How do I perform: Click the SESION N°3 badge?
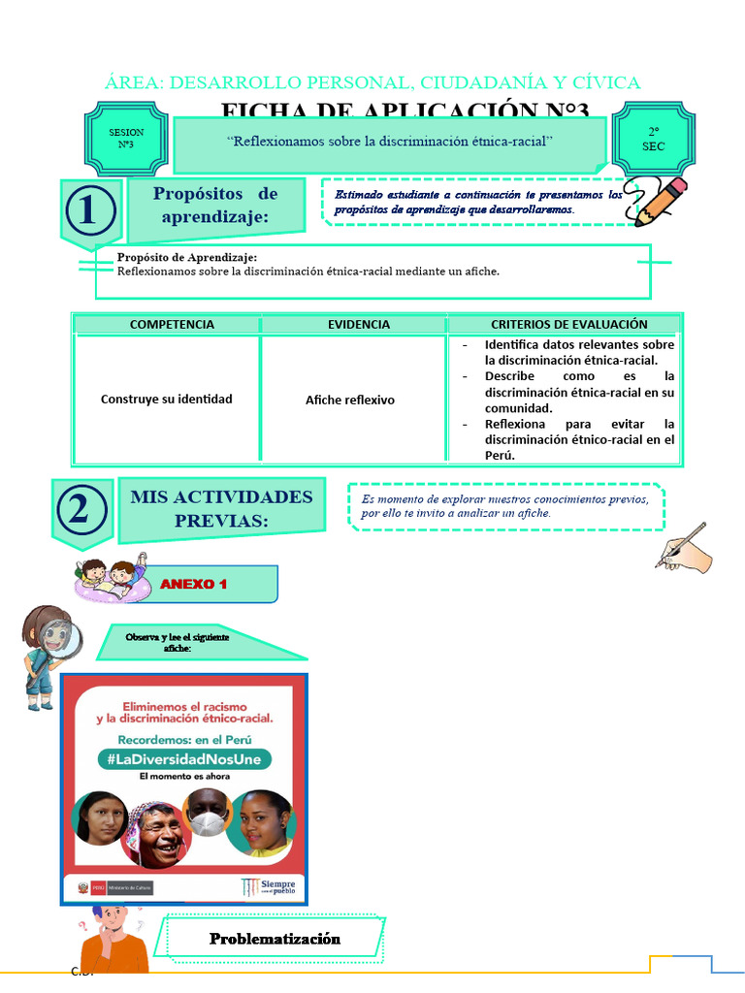tap(125, 138)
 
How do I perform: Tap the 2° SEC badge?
tap(653, 139)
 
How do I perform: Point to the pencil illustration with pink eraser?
tap(656, 202)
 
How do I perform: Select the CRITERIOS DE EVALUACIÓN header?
tap(568, 325)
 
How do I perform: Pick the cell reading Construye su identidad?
tap(166, 400)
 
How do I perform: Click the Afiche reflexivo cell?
tap(350, 400)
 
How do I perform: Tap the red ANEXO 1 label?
tap(194, 584)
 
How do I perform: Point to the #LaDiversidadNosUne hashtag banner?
tap(184, 759)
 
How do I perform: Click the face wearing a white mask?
tap(207, 812)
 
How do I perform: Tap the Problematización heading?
tap(275, 939)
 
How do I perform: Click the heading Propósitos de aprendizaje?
tap(215, 206)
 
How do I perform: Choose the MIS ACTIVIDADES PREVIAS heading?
tap(222, 509)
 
